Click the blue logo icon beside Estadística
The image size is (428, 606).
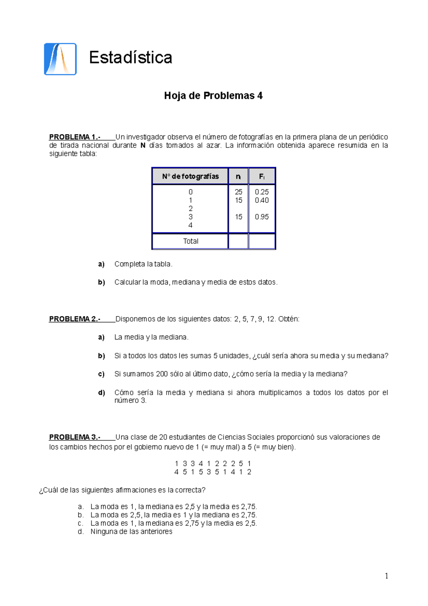[60, 59]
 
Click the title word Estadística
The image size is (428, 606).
[131, 58]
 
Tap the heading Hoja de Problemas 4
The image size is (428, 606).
[213, 96]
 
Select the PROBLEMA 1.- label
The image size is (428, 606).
[75, 137]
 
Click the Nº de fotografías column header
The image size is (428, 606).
[190, 176]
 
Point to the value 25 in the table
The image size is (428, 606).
[238, 192]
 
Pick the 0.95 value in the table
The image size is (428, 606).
[262, 217]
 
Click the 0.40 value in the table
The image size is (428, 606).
[262, 201]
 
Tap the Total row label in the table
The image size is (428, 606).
[190, 241]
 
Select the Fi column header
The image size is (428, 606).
[262, 176]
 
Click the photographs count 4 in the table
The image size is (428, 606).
[190, 225]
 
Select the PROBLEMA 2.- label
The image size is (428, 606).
[75, 319]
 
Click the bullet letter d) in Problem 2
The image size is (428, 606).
[101, 393]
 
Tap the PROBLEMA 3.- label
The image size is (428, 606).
[75, 437]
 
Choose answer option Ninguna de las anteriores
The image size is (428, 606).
[131, 532]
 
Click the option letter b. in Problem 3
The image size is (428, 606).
[81, 515]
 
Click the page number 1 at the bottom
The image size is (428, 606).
[387, 576]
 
